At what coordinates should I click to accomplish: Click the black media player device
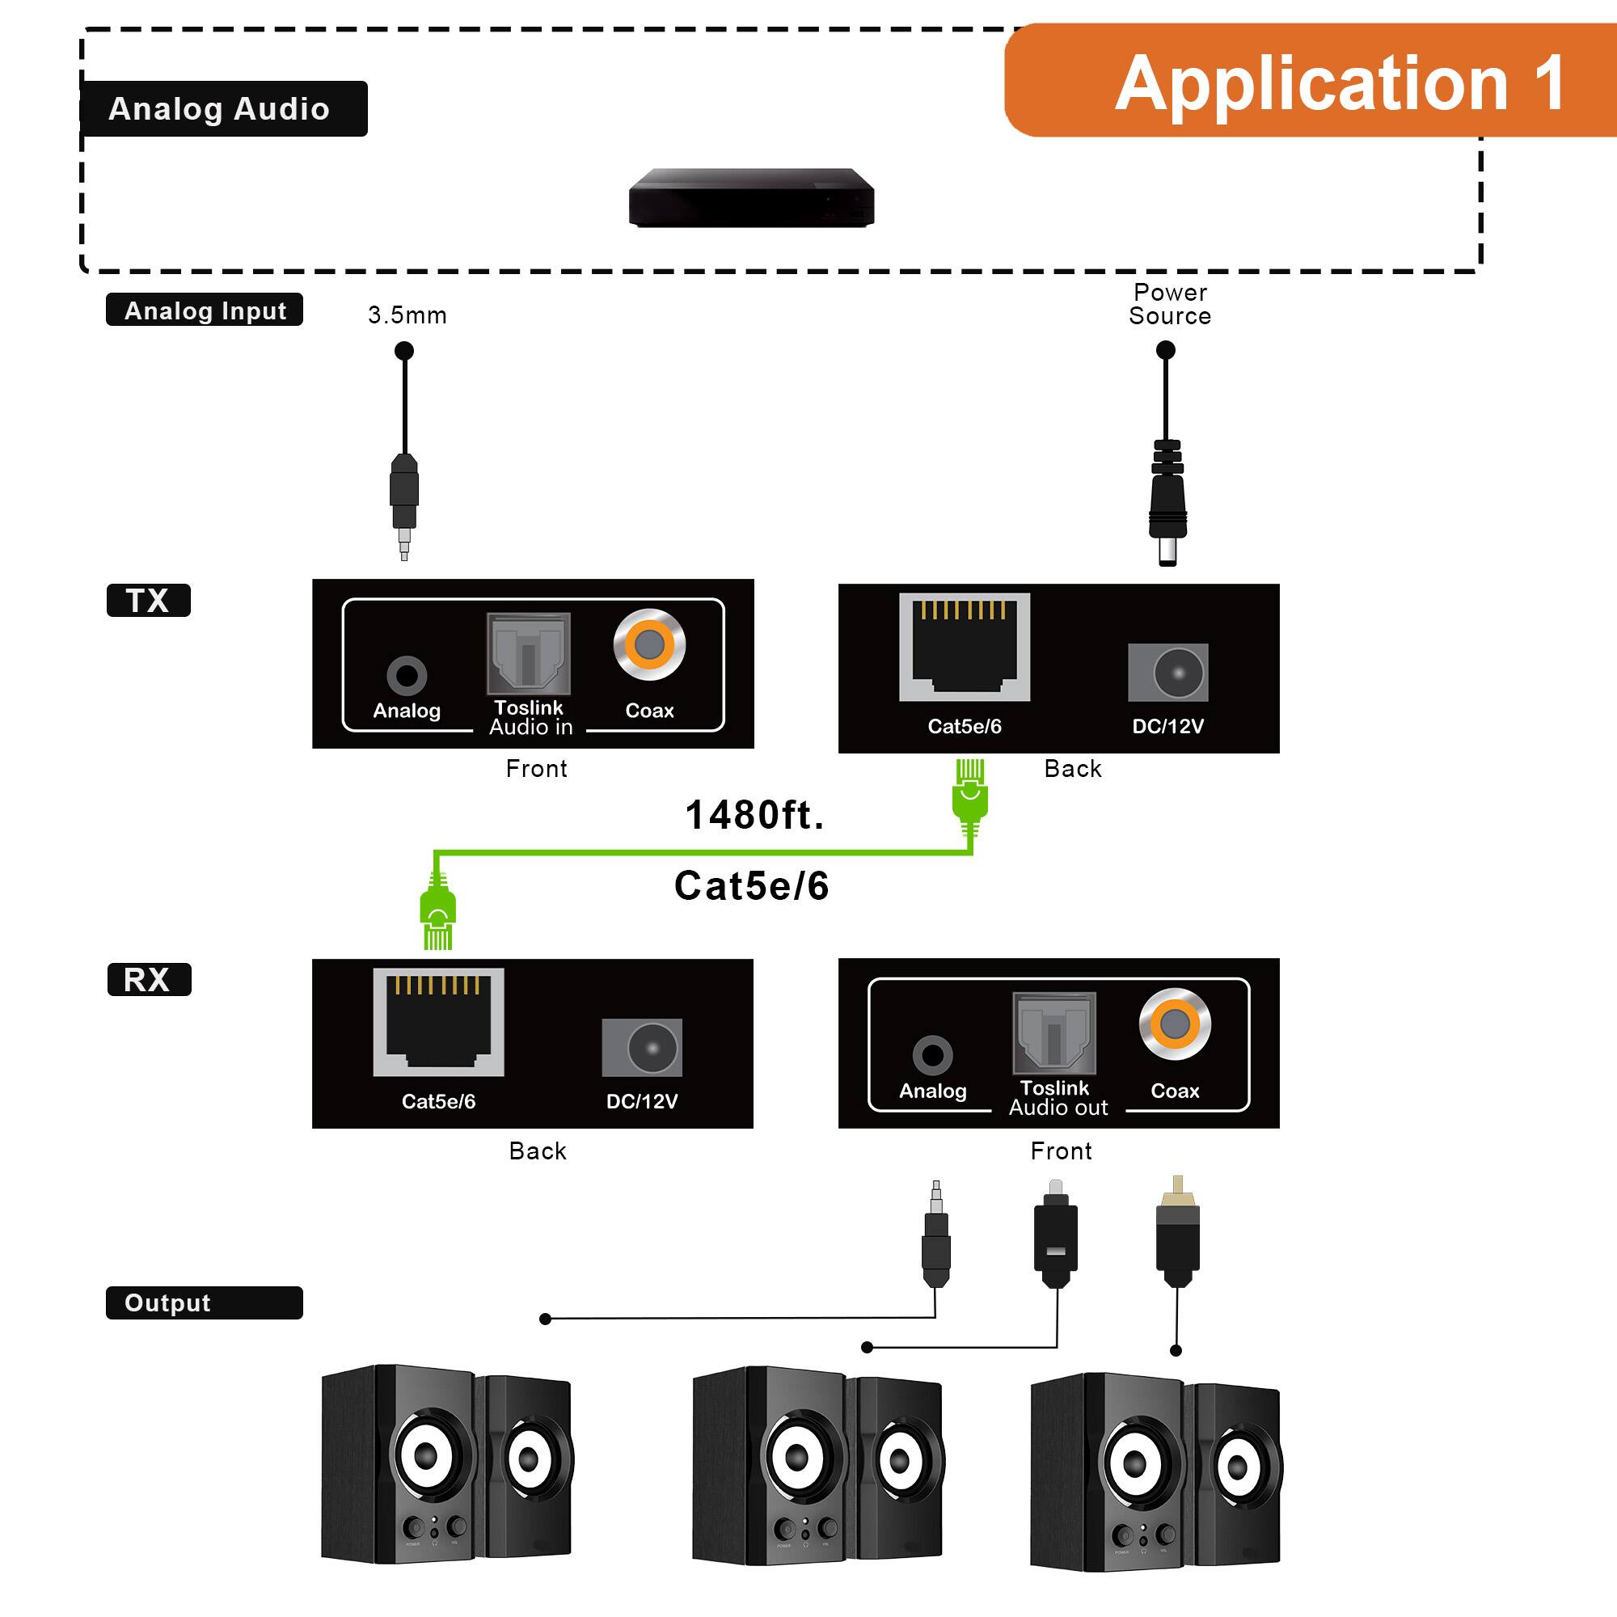751,197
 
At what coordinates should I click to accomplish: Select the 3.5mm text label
407,315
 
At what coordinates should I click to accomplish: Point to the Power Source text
1169,305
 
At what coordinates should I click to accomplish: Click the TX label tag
148,600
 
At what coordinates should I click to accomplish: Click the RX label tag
148,979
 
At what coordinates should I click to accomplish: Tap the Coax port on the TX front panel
649,644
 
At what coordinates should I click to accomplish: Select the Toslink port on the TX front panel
528,653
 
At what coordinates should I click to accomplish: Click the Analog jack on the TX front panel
407,675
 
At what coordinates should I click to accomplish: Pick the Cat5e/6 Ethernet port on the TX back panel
965,647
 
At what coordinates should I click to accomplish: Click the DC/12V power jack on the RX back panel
642,1047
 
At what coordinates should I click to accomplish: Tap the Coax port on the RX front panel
1174,1024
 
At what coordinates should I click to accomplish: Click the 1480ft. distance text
754,814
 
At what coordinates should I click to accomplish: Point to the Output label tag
204,1302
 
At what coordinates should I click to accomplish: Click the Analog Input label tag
204,310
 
